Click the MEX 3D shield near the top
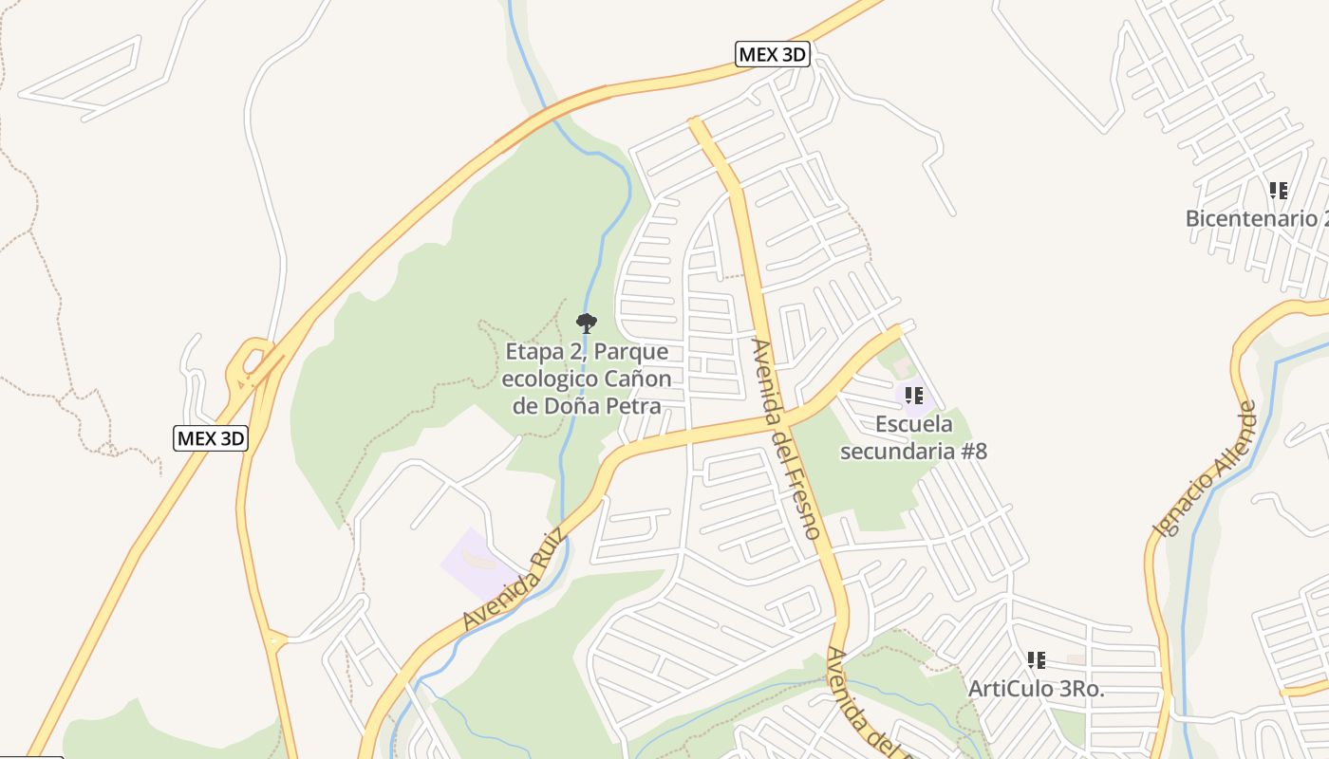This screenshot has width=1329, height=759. tap(772, 54)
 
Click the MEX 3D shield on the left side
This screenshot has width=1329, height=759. tap(211, 437)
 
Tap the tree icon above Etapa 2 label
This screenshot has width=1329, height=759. tap(587, 324)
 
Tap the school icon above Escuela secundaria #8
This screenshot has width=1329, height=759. tap(913, 395)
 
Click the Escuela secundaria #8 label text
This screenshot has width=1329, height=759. tap(913, 437)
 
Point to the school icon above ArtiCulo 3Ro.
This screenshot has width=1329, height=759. tap(1036, 659)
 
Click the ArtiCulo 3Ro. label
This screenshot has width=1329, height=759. tap(1036, 690)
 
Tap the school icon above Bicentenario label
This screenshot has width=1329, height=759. tap(1278, 191)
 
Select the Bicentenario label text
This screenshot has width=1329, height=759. tap(1253, 219)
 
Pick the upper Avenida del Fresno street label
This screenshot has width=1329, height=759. tap(785, 437)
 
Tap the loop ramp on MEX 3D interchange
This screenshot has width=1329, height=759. tap(249, 358)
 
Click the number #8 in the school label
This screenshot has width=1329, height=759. tap(974, 451)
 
